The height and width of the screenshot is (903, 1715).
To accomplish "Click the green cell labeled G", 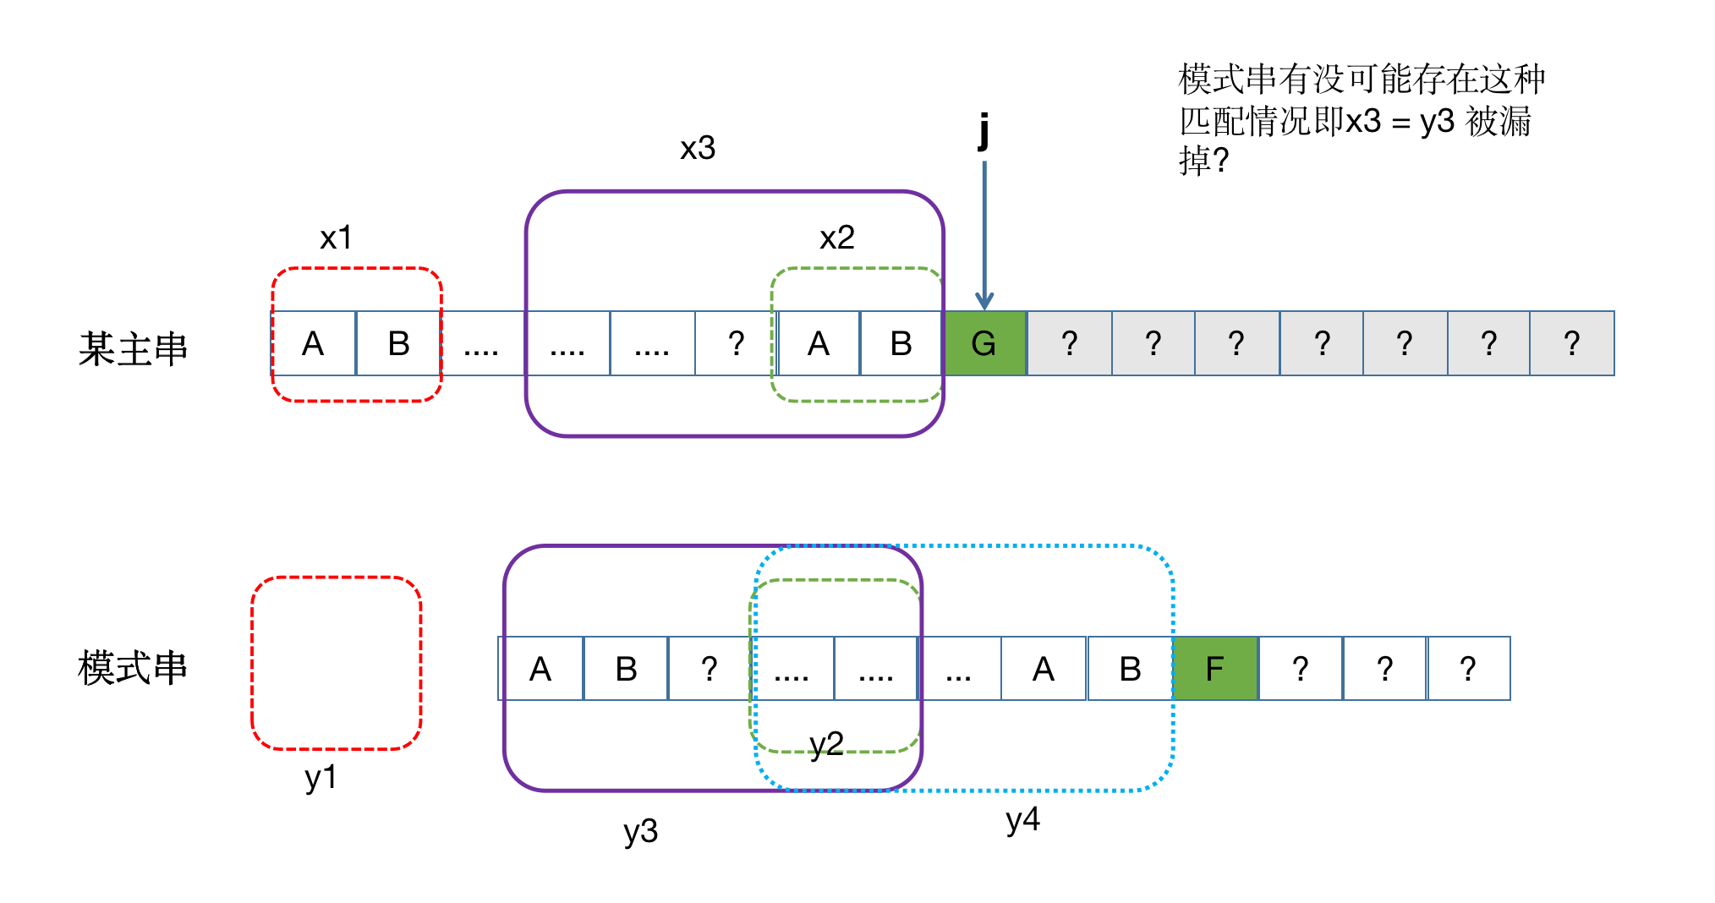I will [x=984, y=343].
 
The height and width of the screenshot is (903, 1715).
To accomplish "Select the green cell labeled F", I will [x=1215, y=669].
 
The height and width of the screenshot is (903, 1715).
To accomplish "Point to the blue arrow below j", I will [x=984, y=237].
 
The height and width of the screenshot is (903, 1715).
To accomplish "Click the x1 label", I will [x=336, y=238].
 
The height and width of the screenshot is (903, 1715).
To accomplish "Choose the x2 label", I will [x=837, y=238].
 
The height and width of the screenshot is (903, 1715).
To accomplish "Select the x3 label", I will [x=698, y=148].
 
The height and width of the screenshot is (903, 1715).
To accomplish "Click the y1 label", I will [x=321, y=777].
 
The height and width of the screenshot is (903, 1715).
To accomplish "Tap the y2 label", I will [x=826, y=744].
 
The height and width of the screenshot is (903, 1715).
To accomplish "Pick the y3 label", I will [x=640, y=831].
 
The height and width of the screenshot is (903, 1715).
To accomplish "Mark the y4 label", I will [x=1022, y=819].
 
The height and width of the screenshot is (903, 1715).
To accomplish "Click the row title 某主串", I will [x=133, y=348].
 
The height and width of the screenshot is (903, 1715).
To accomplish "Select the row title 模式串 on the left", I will [x=133, y=668].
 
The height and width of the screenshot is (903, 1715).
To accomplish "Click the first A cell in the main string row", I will [x=313, y=343].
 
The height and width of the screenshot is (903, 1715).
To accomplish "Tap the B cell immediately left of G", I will [x=901, y=343].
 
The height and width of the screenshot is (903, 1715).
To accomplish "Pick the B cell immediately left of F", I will [x=1130, y=669].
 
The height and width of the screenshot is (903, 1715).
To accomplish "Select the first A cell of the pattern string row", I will [x=540, y=669].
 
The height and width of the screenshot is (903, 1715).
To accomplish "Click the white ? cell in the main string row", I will [x=737, y=343].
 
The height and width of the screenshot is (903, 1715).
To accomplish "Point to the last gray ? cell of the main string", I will [x=1571, y=343].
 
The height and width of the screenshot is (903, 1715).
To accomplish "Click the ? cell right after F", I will [x=1301, y=669].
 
